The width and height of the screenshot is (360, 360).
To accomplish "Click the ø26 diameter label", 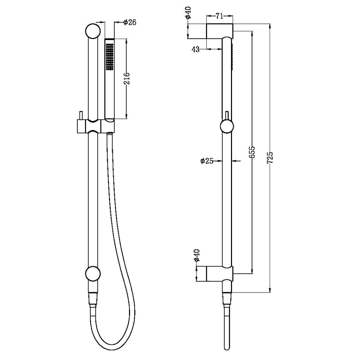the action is click(130, 22).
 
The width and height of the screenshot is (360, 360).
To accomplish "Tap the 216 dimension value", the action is click(127, 78).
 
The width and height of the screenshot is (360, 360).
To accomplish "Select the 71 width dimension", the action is click(219, 16).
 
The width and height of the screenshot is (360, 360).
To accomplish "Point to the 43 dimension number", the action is click(195, 49).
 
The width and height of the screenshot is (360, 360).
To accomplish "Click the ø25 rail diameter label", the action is click(207, 161).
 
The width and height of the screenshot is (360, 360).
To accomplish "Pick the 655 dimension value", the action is click(252, 152).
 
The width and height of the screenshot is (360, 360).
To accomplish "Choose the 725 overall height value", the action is click(270, 157).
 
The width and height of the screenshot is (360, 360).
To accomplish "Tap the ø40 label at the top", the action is click(189, 13).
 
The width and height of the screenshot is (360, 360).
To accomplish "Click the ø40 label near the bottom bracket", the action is click(197, 255).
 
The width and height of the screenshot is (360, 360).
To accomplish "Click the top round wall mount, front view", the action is click(93, 31).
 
